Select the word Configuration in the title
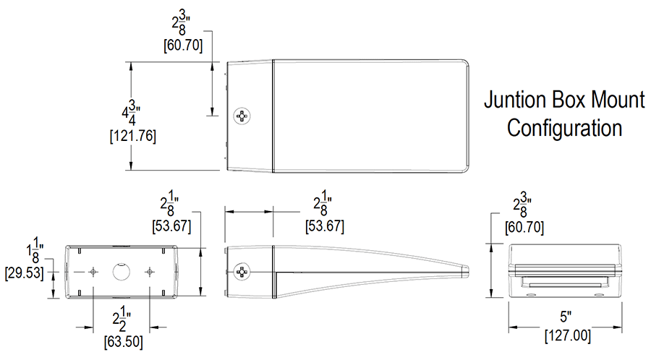[x=564, y=128]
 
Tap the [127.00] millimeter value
[x=566, y=335]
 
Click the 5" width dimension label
[x=566, y=317]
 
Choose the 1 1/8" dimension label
[x=33, y=254]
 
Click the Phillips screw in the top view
[x=242, y=116]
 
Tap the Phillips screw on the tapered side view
[x=242, y=272]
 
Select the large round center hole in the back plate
[x=121, y=272]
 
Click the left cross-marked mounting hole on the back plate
[x=93, y=272]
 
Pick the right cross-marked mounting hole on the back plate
[x=150, y=272]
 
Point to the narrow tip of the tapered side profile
[x=467, y=271]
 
